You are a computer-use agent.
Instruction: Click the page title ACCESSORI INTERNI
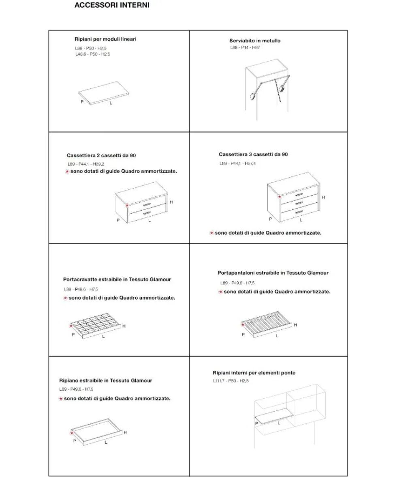coord(112,5)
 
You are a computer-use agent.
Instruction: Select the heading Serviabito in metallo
coord(255,41)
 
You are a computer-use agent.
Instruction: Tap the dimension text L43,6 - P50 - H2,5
coord(93,54)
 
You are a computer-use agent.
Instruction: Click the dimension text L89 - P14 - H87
coord(245,47)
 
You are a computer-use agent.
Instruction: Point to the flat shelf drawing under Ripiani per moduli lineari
coord(103,93)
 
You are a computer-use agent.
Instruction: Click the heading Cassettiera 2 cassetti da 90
coord(101,155)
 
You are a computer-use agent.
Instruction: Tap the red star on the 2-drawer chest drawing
coord(127,205)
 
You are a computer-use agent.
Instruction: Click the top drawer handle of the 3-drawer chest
coord(299,195)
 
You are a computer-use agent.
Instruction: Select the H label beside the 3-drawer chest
coord(323,197)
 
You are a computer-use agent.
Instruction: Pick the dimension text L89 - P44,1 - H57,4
coord(237,163)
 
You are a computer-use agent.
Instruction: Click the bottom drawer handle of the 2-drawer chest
coord(147,213)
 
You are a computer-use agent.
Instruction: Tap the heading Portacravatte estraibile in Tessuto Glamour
coord(117,279)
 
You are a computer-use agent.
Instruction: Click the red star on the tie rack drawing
coord(71,326)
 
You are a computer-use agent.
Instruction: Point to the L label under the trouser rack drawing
coord(277,335)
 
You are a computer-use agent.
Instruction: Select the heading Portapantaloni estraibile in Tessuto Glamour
coord(273,273)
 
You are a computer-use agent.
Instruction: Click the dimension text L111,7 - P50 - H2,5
coord(231,380)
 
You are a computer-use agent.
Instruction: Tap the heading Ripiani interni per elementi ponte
coord(254,373)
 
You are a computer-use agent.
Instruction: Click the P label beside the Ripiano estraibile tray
coord(75,441)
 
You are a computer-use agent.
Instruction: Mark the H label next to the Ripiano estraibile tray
coord(125,432)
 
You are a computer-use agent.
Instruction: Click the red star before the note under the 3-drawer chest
coord(211,233)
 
